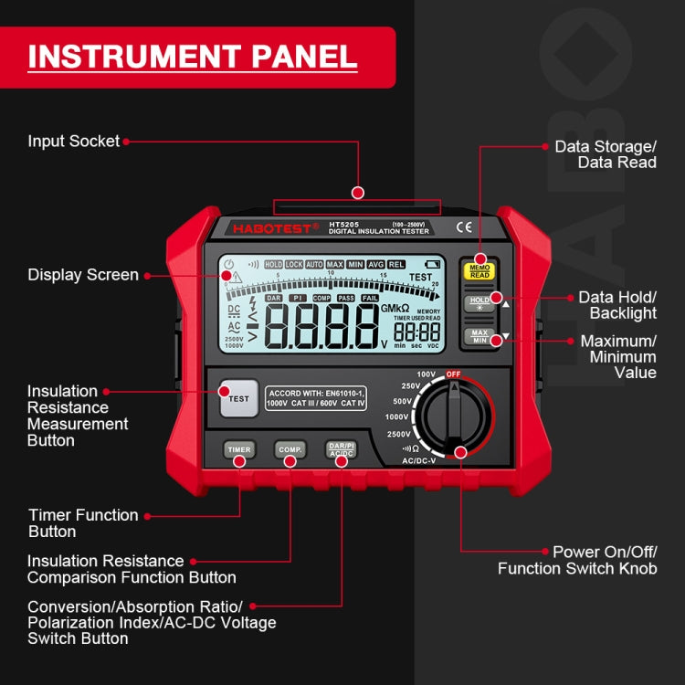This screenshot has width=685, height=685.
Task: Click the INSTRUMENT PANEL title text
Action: (x=192, y=57)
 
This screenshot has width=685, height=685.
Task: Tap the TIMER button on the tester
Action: (x=239, y=449)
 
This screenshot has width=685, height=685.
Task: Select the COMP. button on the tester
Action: (x=290, y=449)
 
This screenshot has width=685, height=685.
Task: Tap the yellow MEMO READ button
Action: (x=479, y=270)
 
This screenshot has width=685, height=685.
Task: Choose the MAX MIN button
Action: (x=479, y=337)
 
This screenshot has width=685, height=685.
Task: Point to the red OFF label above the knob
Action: (x=453, y=374)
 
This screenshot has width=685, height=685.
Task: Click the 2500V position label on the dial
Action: (x=398, y=434)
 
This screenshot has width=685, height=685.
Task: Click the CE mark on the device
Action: (x=463, y=227)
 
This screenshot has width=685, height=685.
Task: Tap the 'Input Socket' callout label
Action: (x=73, y=142)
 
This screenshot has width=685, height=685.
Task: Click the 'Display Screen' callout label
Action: (x=82, y=275)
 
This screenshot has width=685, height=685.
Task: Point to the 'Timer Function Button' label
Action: (x=83, y=523)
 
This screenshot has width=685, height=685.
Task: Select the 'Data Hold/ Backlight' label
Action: (x=617, y=306)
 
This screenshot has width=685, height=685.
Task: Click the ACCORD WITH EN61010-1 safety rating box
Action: (x=316, y=398)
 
